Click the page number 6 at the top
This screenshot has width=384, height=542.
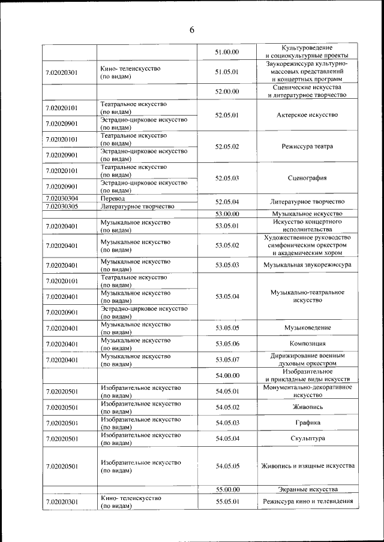pyautogui.click(x=192, y=29)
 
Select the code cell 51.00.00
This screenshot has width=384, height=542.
pyautogui.click(x=227, y=52)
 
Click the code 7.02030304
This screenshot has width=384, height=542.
pyautogui.click(x=62, y=198)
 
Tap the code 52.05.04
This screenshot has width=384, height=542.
pyautogui.click(x=227, y=202)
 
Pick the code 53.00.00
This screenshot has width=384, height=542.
pyautogui.click(x=227, y=214)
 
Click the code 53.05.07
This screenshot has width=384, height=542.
pyautogui.click(x=227, y=359)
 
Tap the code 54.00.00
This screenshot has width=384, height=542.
pyautogui.click(x=227, y=376)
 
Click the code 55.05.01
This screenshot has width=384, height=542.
pyautogui.click(x=227, y=501)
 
